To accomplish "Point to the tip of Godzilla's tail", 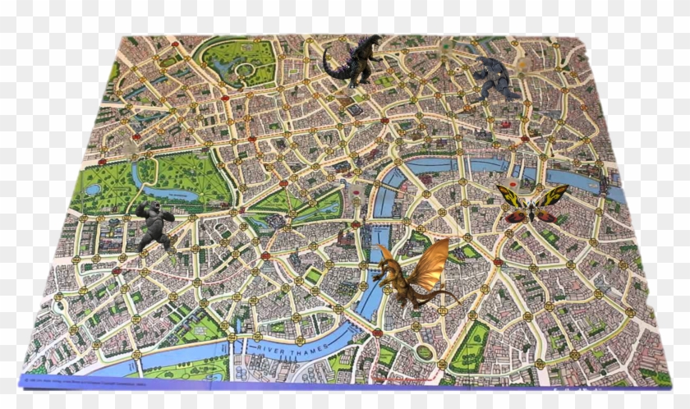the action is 324,52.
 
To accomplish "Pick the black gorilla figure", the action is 154,225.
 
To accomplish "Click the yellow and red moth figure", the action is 532,204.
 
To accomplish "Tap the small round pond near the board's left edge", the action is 93,190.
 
